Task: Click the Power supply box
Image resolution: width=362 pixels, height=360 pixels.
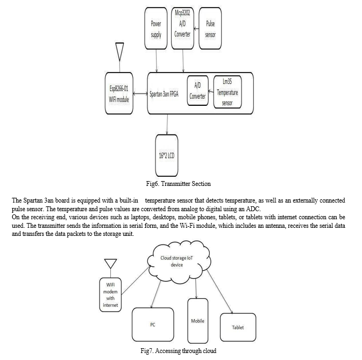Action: pos(156,28)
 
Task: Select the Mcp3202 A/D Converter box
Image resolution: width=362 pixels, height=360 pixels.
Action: pos(182,28)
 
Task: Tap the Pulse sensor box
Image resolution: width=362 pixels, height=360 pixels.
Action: pos(210,28)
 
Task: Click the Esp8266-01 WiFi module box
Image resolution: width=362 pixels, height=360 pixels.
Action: pos(119,93)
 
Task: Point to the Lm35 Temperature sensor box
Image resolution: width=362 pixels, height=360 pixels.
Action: pos(228,92)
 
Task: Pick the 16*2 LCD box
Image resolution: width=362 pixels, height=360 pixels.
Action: pos(167,156)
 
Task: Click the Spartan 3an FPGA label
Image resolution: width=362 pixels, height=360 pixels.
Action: pos(164,94)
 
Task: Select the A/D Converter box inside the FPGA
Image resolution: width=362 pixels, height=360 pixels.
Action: pos(197,91)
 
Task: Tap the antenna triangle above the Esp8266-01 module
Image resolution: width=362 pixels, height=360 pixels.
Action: pos(119,52)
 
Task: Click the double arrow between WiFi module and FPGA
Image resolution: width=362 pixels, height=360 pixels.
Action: pos(140,93)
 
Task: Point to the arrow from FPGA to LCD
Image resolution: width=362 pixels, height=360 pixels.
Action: pos(167,124)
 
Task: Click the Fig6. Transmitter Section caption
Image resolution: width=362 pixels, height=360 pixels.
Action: pos(178,184)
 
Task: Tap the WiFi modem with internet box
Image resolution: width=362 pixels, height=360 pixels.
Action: pos(110,295)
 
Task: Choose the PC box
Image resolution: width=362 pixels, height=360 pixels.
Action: pos(153,325)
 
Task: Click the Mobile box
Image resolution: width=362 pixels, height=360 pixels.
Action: pos(197,321)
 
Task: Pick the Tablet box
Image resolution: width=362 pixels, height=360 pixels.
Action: pos(238,327)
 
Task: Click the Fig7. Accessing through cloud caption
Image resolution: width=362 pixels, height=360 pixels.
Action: pos(179,351)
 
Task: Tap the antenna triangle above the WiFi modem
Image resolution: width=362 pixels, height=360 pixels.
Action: pos(111,264)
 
